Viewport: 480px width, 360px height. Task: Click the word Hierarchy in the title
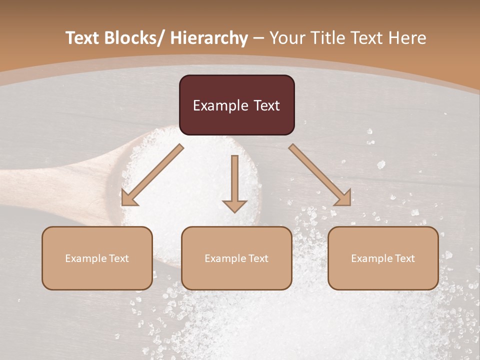(209, 38)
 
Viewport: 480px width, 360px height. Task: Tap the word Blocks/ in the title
(134, 38)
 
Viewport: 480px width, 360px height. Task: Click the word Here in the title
(408, 38)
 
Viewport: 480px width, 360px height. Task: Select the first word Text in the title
(83, 38)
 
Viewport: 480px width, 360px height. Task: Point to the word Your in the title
(286, 38)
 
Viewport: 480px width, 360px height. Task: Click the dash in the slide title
(258, 38)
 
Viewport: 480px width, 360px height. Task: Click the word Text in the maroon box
(265, 105)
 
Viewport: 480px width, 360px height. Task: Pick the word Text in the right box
(404, 258)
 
